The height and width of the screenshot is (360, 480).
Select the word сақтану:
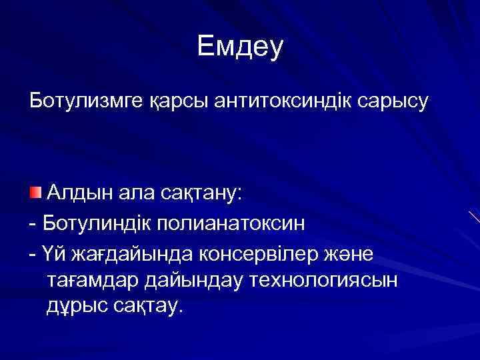point(203,193)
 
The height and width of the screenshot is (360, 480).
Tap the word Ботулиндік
point(97,223)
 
